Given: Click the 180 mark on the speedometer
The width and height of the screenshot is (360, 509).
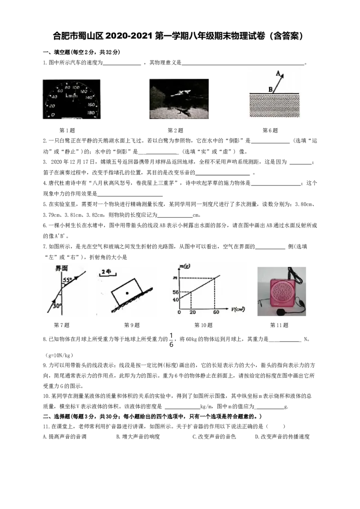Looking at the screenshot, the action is [91, 112].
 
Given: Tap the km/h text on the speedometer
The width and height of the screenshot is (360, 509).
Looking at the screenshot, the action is [72, 95].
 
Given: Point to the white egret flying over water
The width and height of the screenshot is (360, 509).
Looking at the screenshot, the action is [180, 94].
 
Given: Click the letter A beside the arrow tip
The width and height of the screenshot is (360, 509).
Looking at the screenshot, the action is [278, 73].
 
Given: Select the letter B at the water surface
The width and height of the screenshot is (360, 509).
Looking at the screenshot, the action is [270, 89].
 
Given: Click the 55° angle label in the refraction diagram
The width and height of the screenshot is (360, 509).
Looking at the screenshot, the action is [67, 280].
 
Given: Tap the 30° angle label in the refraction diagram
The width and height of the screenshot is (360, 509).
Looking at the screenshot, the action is [57, 305].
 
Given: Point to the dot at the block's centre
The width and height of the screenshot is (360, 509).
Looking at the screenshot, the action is [127, 293].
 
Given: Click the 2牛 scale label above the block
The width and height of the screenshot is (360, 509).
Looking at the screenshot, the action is [106, 272].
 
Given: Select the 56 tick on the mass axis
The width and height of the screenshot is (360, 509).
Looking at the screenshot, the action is [176, 292].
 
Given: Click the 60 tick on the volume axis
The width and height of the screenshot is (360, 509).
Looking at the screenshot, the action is [216, 312].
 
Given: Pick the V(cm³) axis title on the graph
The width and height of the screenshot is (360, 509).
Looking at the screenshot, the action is [238, 309].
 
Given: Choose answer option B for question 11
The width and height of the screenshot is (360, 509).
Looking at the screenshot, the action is [138, 437].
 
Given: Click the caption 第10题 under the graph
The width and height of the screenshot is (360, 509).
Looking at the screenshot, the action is [203, 325].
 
